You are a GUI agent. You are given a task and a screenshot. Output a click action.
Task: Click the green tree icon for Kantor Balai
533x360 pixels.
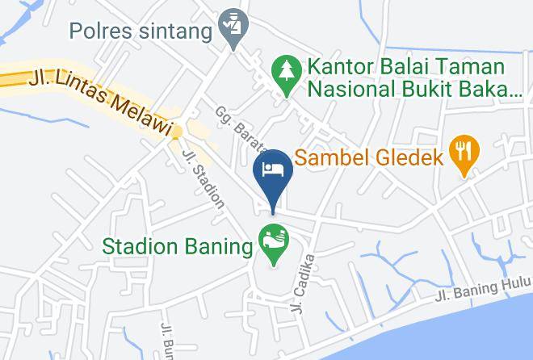283,67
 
